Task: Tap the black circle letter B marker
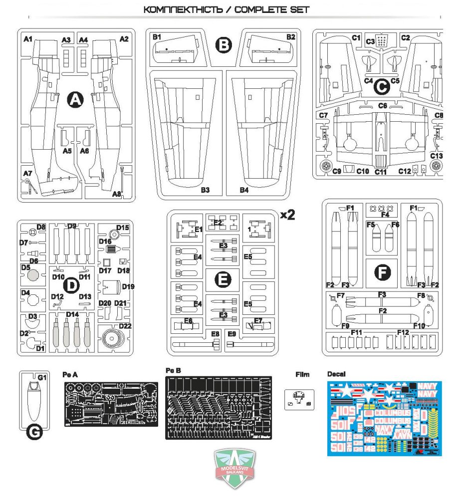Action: click(224, 45)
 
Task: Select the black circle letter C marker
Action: click(382, 88)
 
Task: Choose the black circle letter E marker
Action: click(223, 280)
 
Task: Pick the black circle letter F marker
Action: click(382, 272)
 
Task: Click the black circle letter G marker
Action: click(34, 434)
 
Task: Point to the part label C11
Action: click(381, 172)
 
